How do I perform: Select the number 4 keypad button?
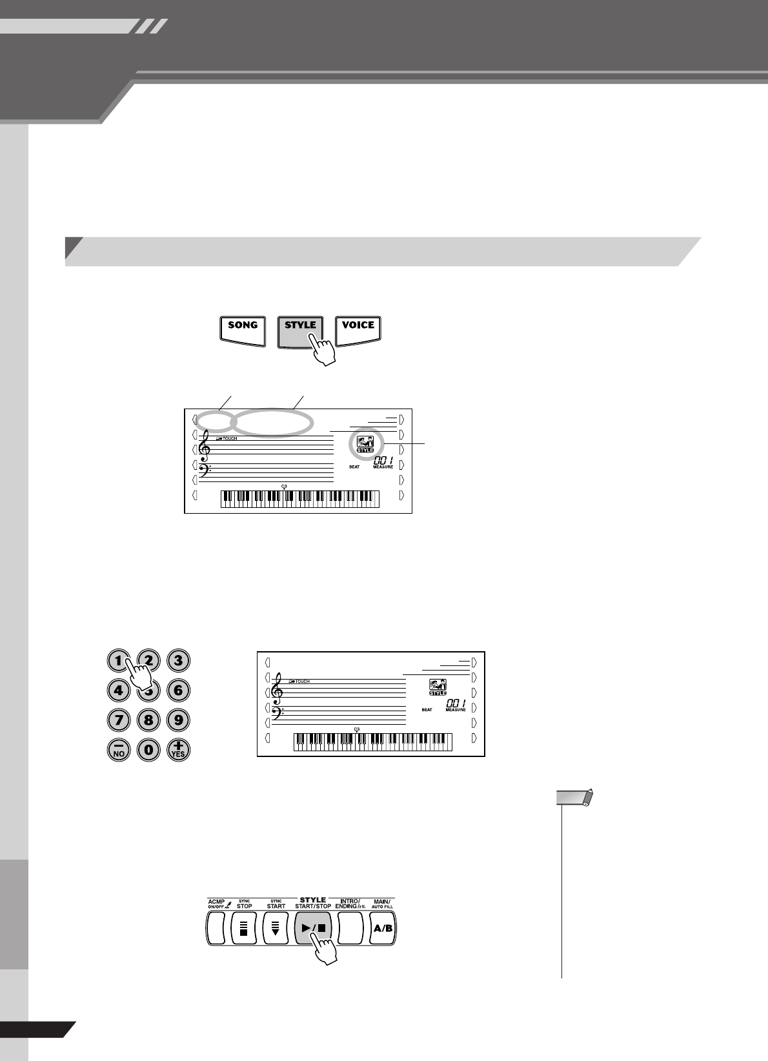pyautogui.click(x=119, y=690)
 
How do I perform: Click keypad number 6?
pyautogui.click(x=178, y=690)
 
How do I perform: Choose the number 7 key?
pyautogui.click(x=119, y=720)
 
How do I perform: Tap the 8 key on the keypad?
pyautogui.click(x=148, y=720)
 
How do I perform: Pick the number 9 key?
pyautogui.click(x=178, y=720)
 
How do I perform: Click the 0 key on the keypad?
pyautogui.click(x=148, y=749)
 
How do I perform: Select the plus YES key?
pyautogui.click(x=178, y=749)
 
